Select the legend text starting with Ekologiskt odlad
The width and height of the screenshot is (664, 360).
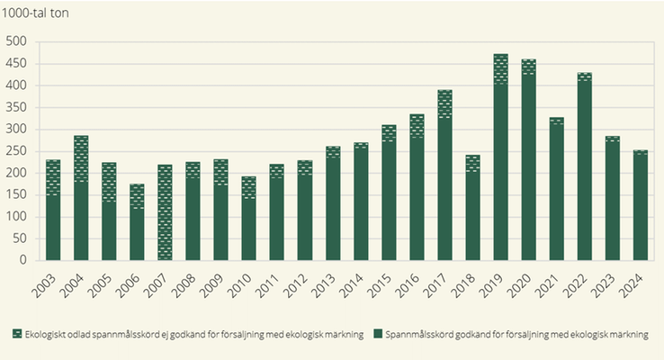coord(194,335)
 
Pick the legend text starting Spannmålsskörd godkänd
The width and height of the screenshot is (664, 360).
coord(516,335)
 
